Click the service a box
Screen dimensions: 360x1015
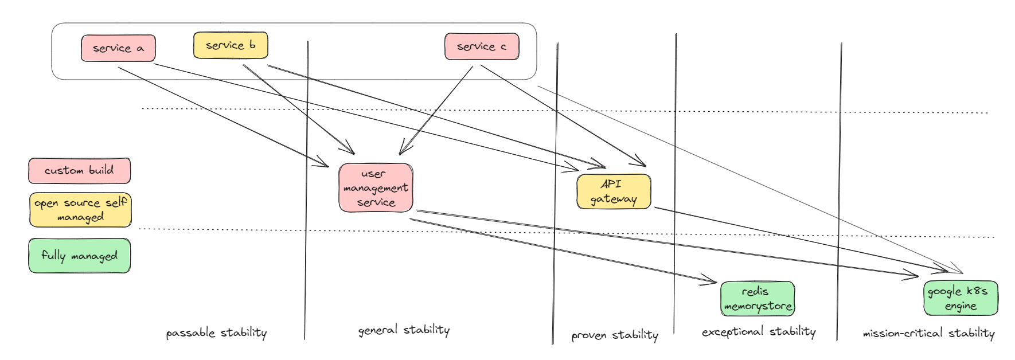pos(118,48)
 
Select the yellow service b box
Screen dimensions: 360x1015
pos(231,45)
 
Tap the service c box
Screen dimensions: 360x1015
pos(482,46)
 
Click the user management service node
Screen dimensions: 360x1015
pos(376,188)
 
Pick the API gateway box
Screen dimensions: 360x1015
pos(614,191)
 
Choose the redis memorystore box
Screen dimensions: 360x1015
pos(758,299)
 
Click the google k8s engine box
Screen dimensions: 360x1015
pos(961,298)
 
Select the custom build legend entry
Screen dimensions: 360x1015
pos(79,171)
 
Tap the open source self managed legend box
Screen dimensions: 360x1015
pos(80,210)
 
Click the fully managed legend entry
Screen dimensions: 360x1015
pos(79,256)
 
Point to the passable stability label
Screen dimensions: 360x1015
pos(216,333)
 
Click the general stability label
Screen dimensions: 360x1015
pos(404,330)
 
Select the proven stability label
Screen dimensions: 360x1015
pos(614,335)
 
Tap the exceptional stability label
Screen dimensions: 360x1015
pos(758,332)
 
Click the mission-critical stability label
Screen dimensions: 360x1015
pos(928,333)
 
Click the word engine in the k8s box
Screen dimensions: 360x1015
pos(961,306)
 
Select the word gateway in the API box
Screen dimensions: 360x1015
pos(614,199)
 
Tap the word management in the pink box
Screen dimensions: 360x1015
pos(376,188)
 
